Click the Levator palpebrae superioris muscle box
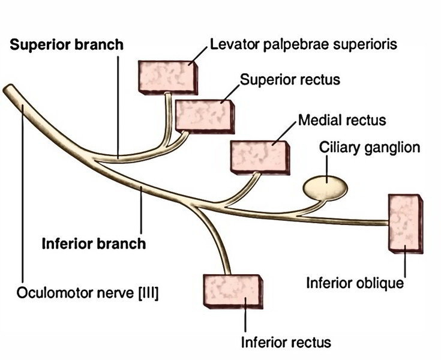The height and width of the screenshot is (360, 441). pyautogui.click(x=168, y=76)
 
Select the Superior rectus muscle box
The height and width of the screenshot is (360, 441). pyautogui.click(x=205, y=114)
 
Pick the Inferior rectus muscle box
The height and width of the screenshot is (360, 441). pyautogui.click(x=233, y=290)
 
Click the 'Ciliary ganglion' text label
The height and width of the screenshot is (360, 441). pyautogui.click(x=370, y=148)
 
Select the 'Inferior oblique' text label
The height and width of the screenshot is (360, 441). pyautogui.click(x=355, y=282)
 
